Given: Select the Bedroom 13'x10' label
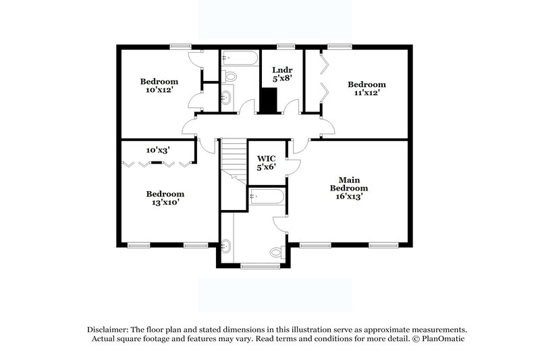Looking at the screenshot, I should pos(165,197).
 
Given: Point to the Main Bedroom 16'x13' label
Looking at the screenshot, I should pos(348,187).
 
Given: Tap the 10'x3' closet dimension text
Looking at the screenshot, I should pos(158,150).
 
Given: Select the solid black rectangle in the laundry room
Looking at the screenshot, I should pos(269,102).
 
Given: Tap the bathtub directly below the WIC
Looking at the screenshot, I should pos(267,197).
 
